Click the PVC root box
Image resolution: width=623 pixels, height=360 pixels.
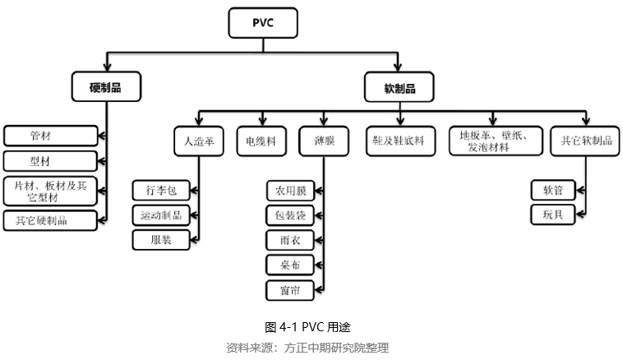click(262, 23)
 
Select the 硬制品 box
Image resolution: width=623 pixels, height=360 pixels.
click(105, 86)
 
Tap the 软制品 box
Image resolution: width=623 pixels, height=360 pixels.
click(399, 86)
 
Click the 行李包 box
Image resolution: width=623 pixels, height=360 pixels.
click(161, 191)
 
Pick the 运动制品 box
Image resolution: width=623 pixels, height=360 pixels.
click(161, 215)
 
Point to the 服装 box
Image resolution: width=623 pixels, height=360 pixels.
click(161, 240)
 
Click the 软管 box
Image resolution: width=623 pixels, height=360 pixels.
click(552, 191)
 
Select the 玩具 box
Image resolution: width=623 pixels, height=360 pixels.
click(552, 215)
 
